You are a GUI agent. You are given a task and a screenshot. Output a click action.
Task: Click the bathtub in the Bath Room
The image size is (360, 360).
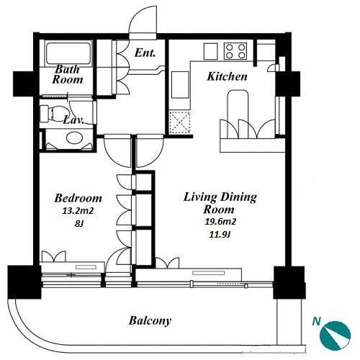coord(68,53)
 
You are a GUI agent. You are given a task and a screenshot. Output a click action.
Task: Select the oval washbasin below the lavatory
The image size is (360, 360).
coord(74,138)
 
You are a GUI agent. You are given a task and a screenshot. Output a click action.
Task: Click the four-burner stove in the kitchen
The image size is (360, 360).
coord(235,51)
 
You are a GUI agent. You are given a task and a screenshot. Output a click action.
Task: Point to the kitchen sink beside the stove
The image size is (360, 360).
coord(211,51)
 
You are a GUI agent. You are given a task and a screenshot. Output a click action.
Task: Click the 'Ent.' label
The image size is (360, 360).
coord(145,53)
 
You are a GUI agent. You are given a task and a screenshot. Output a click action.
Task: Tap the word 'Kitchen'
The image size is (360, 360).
coord(227,76)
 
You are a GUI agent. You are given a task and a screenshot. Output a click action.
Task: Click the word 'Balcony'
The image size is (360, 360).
coord(150,320)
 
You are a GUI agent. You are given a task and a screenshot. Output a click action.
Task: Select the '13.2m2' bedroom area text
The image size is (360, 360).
coord(78,211)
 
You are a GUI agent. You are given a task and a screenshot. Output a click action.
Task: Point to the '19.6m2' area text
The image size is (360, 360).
coord(220,221)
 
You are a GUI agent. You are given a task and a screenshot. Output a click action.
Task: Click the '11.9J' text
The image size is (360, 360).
coord(220,234)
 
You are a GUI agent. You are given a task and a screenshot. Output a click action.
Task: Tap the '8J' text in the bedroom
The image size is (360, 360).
coord(79,224)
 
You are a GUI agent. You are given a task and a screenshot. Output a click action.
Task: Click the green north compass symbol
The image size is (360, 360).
coord(335,335)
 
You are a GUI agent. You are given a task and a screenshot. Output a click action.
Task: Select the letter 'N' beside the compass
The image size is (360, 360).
coord(317,321)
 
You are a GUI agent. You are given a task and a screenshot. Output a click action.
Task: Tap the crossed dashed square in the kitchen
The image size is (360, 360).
coord(180,122)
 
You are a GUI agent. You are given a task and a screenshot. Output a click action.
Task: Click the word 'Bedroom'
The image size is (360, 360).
coord(78,198)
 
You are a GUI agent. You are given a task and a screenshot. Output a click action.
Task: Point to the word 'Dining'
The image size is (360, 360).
coord(238,197)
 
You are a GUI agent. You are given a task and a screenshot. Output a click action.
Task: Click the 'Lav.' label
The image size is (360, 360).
coord(73,120)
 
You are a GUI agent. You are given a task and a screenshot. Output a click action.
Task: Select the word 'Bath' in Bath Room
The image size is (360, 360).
coord(67,69)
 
